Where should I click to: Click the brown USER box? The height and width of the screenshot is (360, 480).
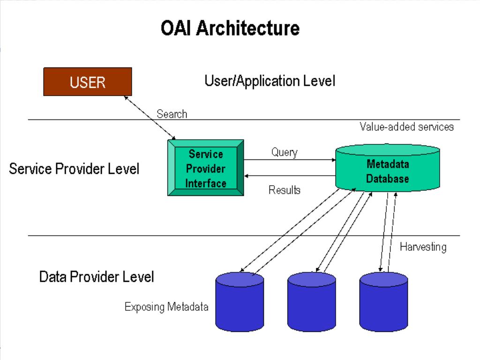tap(88, 82)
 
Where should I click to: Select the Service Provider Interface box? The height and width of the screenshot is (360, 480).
tap(206, 168)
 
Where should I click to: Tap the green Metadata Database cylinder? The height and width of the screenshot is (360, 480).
tap(388, 168)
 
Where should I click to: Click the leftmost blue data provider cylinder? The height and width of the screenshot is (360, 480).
tap(240, 301)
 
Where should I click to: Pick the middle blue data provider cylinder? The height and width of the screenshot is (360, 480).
tap(312, 301)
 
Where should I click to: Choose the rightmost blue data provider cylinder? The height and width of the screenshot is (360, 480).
tap(383, 301)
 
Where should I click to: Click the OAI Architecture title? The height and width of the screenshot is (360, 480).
tap(230, 28)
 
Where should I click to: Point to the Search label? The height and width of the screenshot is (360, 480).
tap(172, 114)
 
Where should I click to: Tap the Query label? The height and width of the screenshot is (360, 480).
tap(285, 152)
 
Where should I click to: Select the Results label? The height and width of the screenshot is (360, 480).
tap(285, 190)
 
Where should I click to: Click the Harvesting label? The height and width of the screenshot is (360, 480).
tap(423, 247)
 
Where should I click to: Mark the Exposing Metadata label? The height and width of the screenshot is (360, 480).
tap(166, 307)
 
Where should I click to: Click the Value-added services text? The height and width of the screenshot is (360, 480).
tap(406, 127)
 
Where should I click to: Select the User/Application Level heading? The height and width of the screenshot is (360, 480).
tap(270, 81)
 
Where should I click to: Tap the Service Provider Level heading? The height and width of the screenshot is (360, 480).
tap(74, 169)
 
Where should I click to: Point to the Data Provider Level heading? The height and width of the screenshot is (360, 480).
tap(97, 277)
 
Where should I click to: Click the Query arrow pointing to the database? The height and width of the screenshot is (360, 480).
tap(290, 160)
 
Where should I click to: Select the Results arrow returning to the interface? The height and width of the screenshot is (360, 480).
tap(290, 176)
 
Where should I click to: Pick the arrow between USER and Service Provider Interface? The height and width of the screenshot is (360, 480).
tap(150, 118)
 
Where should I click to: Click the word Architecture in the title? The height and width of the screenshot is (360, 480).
tap(248, 28)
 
